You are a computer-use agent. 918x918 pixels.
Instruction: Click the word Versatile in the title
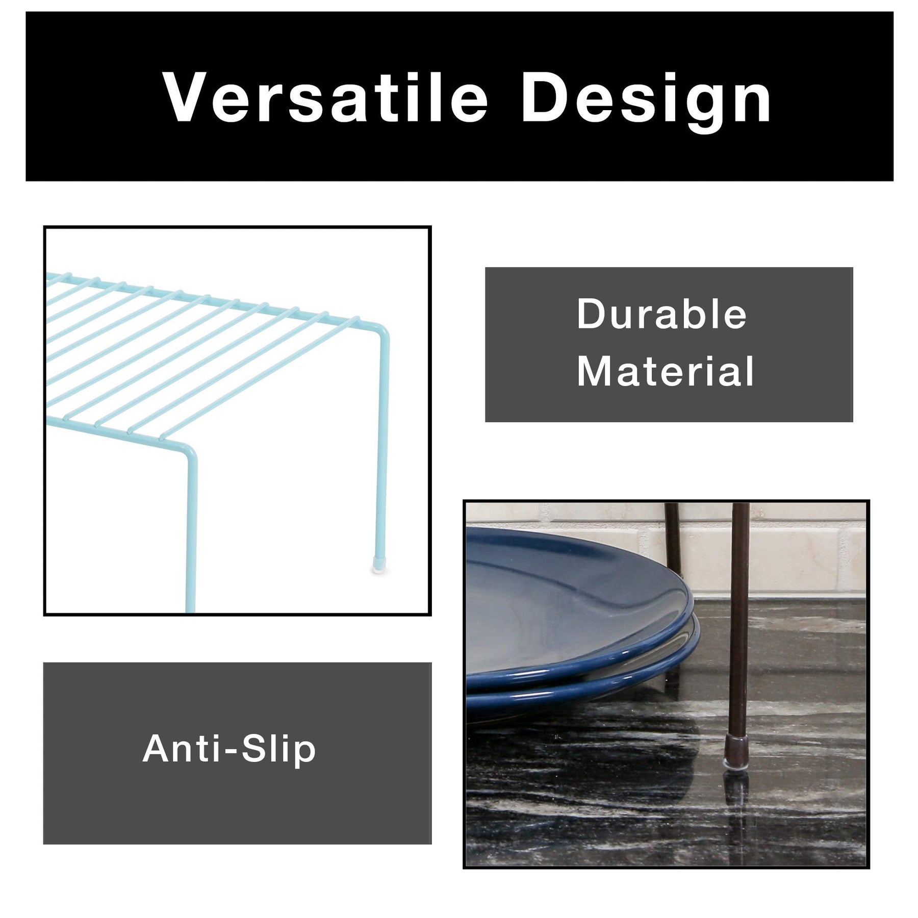(x=325, y=98)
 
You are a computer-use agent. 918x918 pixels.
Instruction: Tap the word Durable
(x=661, y=314)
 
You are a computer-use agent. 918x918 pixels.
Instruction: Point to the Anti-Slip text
(x=229, y=749)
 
